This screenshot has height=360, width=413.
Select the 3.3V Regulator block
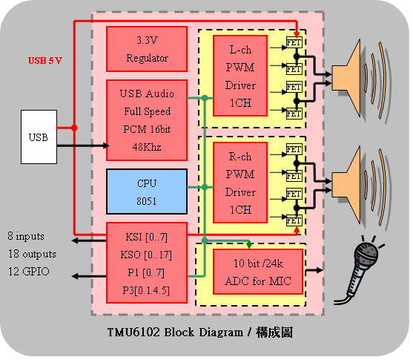pos(148,49)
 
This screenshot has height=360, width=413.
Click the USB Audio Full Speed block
pos(148,121)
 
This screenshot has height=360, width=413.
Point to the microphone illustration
pos(360,271)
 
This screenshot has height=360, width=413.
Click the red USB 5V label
pos(45,61)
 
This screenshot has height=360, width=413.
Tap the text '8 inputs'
pos(26,237)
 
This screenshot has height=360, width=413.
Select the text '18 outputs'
pos(32,255)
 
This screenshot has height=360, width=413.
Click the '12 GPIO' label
pos(29,272)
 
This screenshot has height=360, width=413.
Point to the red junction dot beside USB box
pos(75,128)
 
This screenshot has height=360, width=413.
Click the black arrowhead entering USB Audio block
pos(107,146)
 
